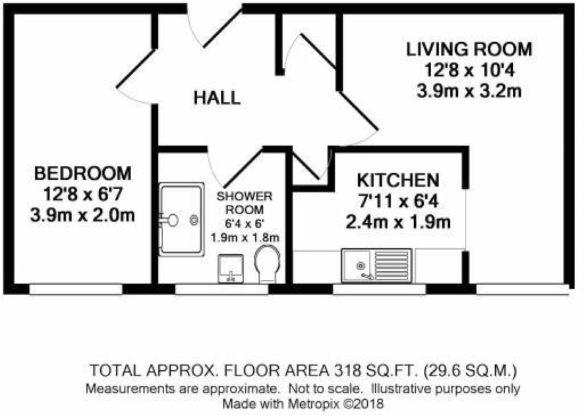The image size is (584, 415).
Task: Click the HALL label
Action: tap(217, 98)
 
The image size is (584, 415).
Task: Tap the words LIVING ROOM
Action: tap(469, 49)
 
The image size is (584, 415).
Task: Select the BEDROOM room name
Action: tap(82, 173)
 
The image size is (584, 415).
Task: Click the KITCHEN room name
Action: tap(398, 180)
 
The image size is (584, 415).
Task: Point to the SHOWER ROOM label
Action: tap(245, 203)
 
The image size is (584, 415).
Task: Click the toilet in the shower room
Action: tap(268, 263)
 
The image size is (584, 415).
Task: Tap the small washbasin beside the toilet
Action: tap(231, 268)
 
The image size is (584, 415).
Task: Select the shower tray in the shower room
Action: tap(182, 219)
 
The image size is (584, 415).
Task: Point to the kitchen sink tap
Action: tap(367, 276)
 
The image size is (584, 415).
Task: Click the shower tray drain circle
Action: tap(194, 221)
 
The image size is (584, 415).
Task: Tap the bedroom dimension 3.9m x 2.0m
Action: tap(82, 215)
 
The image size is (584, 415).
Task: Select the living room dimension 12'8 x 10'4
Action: tap(469, 70)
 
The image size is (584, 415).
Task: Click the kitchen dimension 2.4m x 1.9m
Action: tap(398, 222)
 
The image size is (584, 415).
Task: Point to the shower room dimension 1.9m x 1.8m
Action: tap(245, 237)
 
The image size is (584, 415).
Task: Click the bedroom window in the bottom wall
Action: tap(76, 289)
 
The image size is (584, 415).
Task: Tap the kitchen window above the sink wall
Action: tap(379, 289)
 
